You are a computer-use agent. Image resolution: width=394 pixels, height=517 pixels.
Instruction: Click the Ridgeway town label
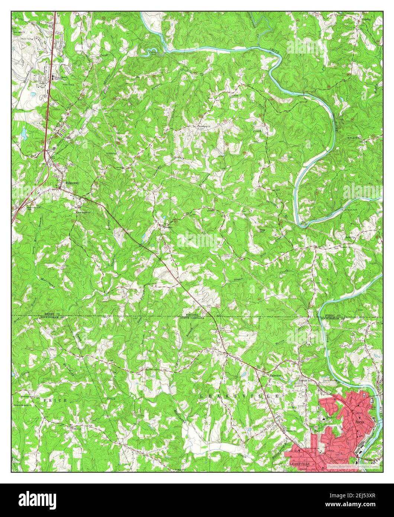72,183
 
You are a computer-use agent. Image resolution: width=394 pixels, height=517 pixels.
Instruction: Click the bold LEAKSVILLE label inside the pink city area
299,465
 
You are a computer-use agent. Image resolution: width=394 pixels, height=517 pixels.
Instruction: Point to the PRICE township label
55,400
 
